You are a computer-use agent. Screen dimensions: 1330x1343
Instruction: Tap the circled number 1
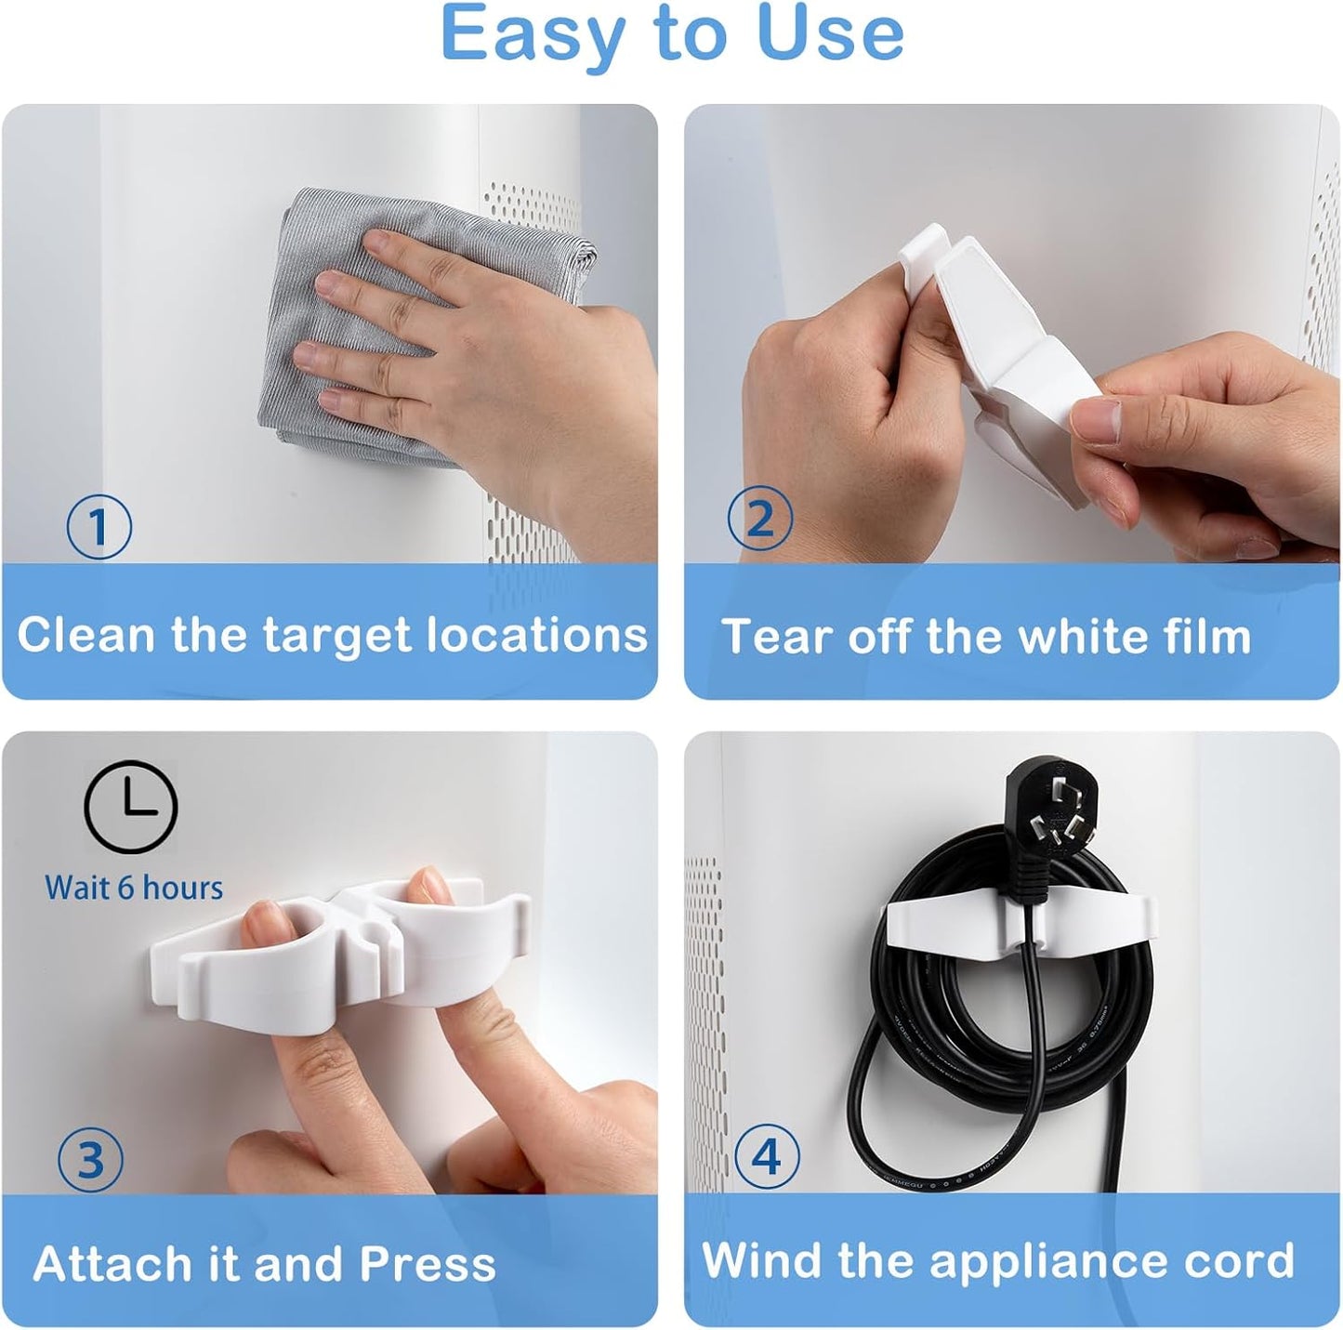pyautogui.click(x=99, y=527)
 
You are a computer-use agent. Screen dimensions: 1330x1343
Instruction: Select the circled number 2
pyautogui.click(x=759, y=519)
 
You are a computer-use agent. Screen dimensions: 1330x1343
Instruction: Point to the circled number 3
pyautogui.click(x=90, y=1159)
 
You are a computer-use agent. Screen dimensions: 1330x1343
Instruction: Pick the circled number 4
pyautogui.click(x=766, y=1156)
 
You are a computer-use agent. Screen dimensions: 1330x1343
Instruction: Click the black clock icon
pyautogui.click(x=130, y=807)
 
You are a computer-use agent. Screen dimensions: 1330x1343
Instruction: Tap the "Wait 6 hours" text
pyautogui.click(x=134, y=888)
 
